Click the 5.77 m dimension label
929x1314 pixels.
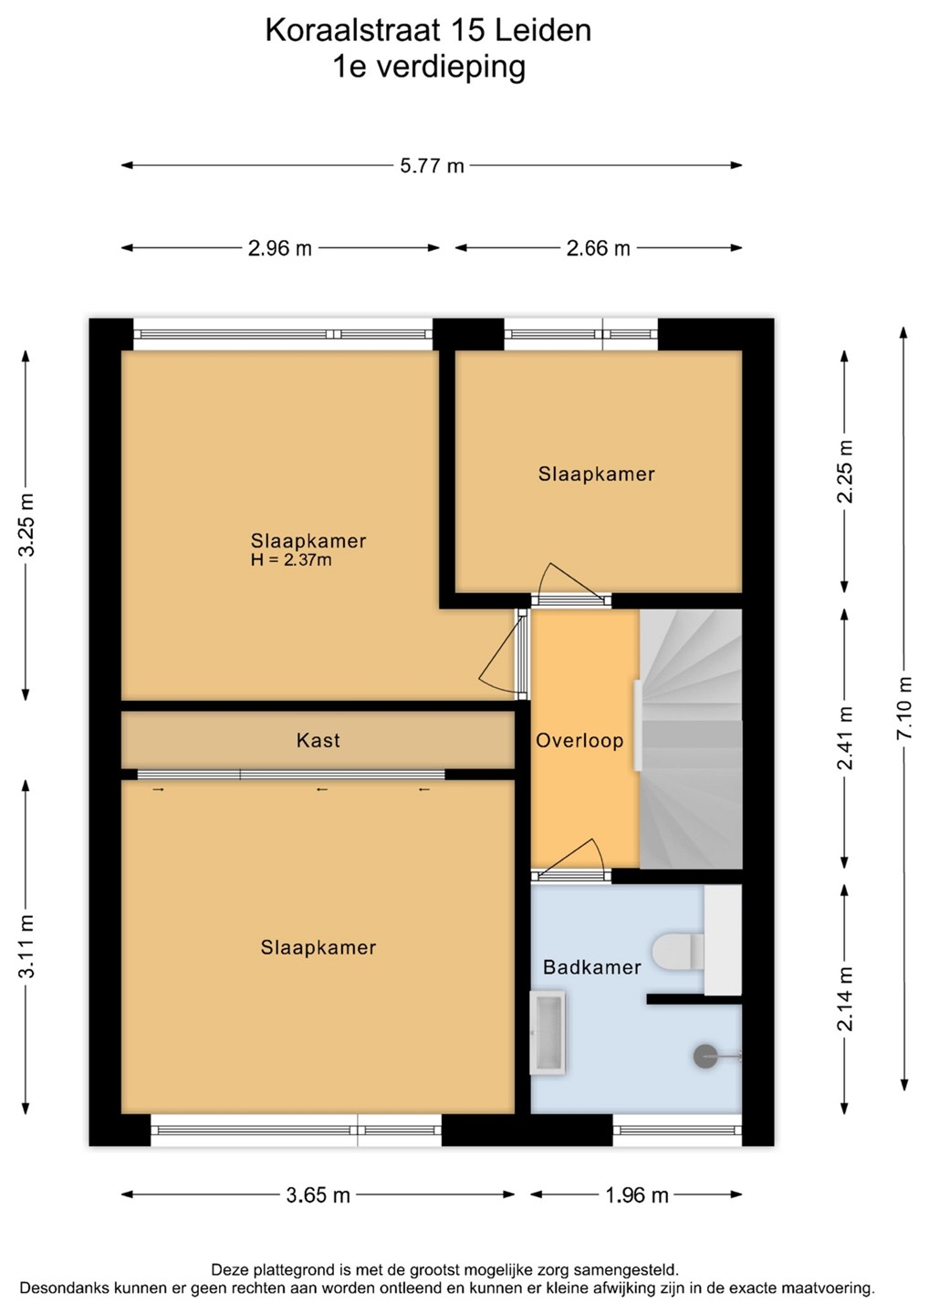coord(432,166)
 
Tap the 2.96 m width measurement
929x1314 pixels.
coord(280,249)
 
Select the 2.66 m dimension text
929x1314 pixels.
coord(599,249)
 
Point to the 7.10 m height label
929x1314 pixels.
coord(904,708)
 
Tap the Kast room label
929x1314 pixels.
coord(318,740)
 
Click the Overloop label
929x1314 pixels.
coord(579,741)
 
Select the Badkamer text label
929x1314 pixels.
coord(591,967)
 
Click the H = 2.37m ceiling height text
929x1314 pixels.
coord(291,559)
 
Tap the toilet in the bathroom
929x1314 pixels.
coord(678,952)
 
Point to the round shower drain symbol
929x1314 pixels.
coord(705,1057)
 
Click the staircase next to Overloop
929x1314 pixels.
coord(691,738)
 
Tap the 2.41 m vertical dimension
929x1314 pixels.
coord(845,738)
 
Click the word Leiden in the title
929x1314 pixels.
coord(542,30)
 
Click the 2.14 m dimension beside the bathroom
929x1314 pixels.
coord(845,998)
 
